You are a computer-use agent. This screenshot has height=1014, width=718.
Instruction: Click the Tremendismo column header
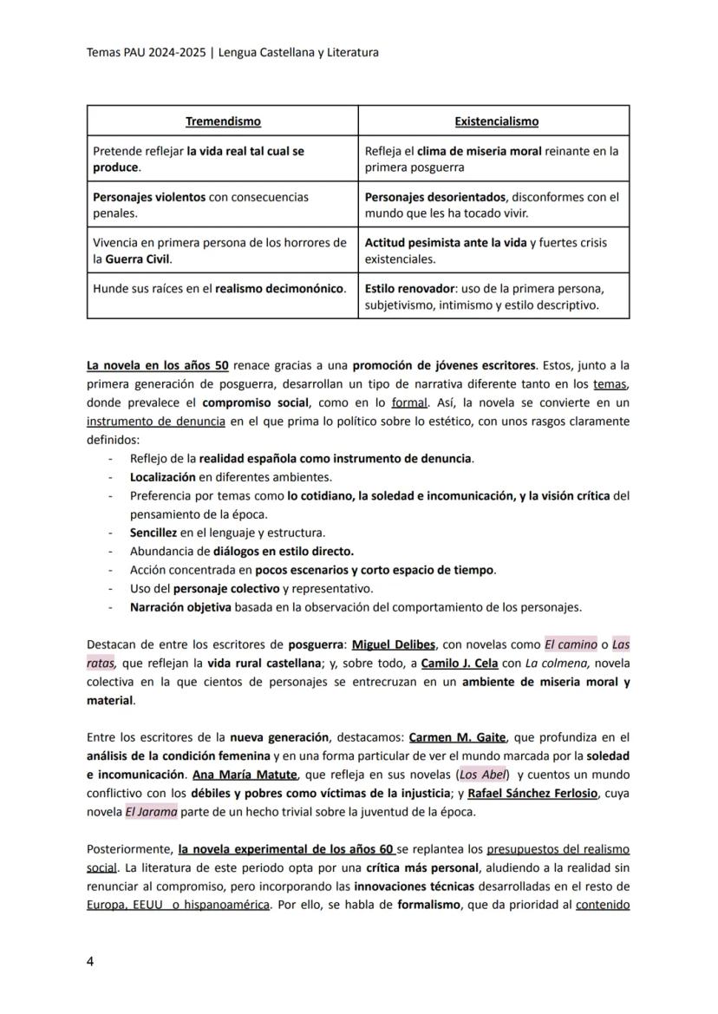pos(223,121)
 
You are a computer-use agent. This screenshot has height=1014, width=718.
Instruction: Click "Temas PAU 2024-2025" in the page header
pos(147,52)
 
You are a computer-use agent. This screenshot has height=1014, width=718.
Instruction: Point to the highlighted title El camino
pos(570,644)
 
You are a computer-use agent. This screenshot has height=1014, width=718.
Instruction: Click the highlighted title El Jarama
pos(152,812)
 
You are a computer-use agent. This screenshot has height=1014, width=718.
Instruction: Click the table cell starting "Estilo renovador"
pos(493,297)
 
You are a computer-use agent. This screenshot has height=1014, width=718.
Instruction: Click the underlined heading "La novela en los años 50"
pos(158,365)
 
